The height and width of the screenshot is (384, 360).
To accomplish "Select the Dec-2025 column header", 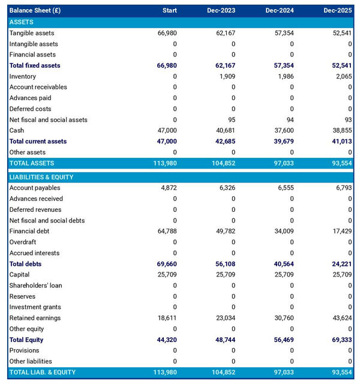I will coord(338,11).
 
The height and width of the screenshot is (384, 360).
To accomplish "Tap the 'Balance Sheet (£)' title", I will coord(35,11).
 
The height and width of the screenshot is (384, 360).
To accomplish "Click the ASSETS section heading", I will coord(22,22).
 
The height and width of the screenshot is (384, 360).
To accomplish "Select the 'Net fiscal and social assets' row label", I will coord(48,119).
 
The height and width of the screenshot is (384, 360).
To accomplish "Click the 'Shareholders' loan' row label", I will coord(35,286).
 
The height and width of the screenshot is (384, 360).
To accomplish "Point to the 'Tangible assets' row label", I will coord(32,33).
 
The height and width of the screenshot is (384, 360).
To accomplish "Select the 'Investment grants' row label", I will coord(34,307).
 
